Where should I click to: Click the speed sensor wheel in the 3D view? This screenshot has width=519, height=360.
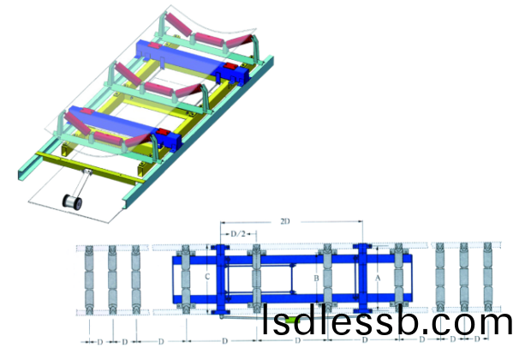coord(73,201)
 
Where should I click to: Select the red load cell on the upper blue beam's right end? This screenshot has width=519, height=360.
coord(230,68)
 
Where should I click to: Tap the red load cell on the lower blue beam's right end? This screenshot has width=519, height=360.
coord(163,133)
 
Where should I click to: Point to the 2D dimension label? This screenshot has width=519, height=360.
coord(285,221)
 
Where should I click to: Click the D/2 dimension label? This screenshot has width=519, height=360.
coord(238,234)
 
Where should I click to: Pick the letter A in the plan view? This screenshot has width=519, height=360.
coord(378,279)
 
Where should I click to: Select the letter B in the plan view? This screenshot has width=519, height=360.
coord(316,279)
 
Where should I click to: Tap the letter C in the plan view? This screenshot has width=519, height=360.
coord(207,276)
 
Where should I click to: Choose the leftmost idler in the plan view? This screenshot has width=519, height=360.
coord(90,279)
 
